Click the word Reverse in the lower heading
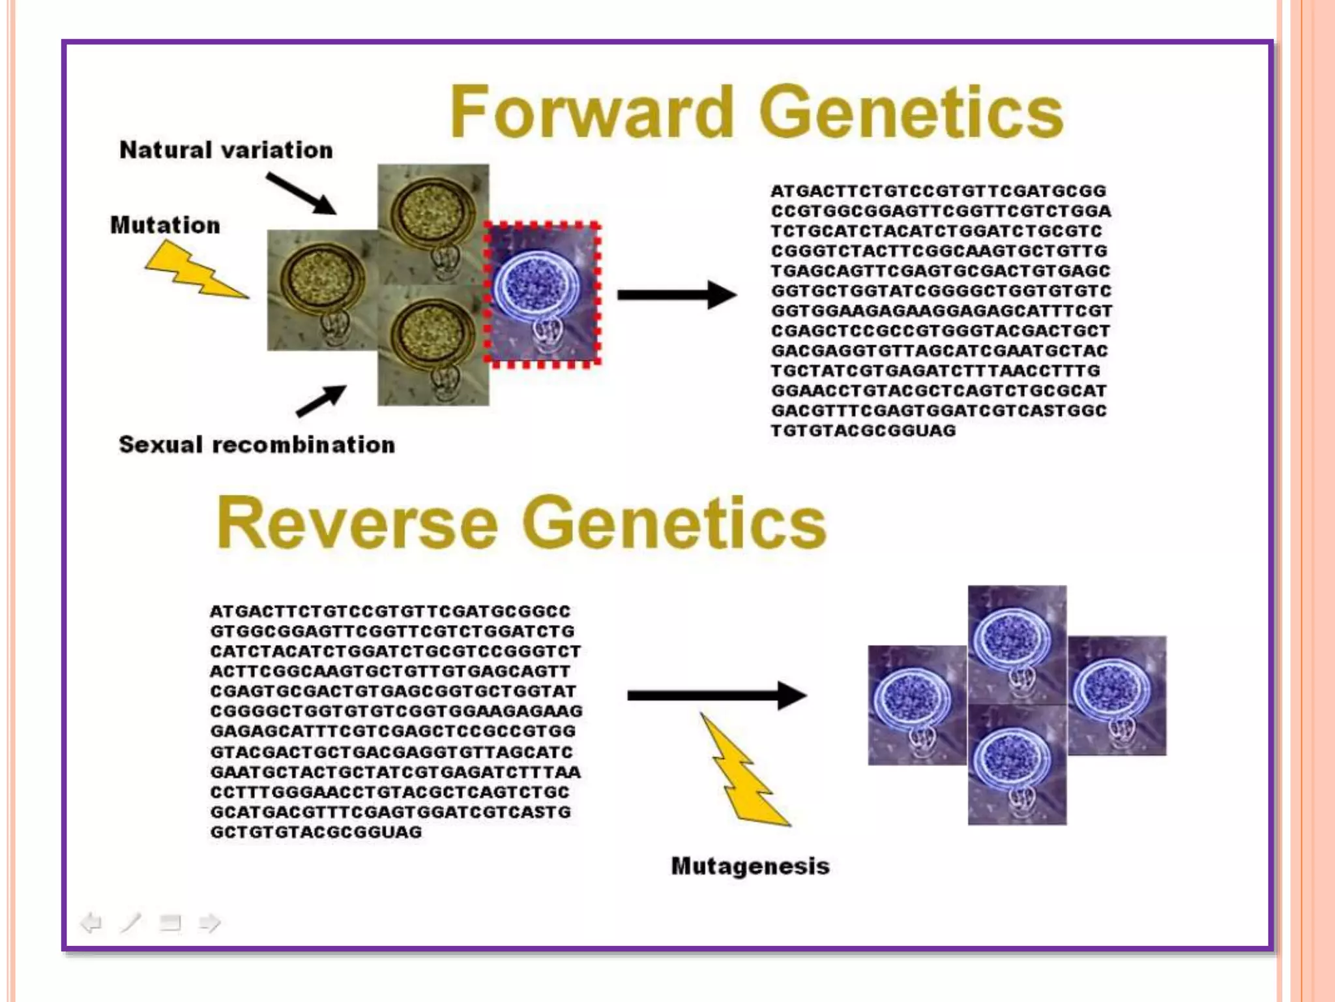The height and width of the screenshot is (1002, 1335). click(357, 523)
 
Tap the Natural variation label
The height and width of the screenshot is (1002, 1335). click(226, 151)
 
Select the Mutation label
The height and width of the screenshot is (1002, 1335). click(166, 226)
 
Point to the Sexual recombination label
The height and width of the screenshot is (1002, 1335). click(257, 445)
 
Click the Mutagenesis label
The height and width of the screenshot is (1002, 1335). click(750, 866)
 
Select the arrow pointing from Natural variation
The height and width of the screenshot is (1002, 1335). click(302, 194)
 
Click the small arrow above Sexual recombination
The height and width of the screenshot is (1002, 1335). click(321, 400)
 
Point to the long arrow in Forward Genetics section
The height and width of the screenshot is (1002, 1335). click(676, 295)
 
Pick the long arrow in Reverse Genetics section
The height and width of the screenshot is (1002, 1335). click(716, 696)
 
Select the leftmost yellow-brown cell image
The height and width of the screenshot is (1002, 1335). click(323, 290)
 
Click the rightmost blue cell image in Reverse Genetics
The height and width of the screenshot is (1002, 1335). click(1117, 695)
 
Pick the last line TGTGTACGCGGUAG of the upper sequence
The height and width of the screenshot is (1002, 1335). click(863, 431)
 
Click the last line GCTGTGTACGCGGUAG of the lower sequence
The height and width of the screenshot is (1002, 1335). click(316, 832)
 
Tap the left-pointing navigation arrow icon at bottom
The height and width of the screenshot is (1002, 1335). click(91, 922)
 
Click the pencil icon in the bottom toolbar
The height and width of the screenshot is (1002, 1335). click(130, 922)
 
